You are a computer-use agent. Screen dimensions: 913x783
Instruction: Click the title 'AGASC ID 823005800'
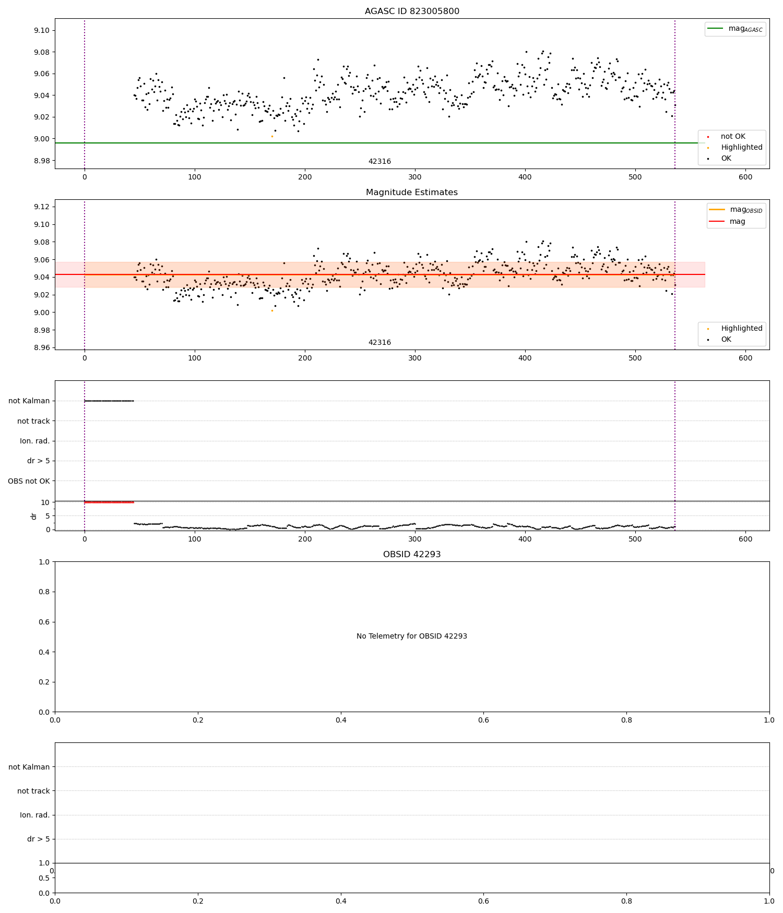tap(412, 11)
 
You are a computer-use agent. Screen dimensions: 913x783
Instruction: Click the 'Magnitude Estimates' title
tap(412, 193)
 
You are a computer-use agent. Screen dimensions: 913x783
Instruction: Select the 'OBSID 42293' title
tap(412, 555)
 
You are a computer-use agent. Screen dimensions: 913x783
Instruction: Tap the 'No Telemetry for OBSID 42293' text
tap(412, 636)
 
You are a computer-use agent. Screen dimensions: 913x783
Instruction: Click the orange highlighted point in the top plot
tap(272, 136)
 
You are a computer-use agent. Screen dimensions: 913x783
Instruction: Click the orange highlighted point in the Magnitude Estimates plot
tap(272, 310)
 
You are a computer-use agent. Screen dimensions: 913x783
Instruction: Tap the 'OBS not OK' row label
tap(29, 481)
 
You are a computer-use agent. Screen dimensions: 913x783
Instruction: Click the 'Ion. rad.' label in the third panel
tap(35, 441)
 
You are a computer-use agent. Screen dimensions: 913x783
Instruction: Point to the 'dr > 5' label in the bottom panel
tap(39, 839)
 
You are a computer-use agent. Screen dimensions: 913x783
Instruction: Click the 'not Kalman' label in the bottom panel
tap(29, 767)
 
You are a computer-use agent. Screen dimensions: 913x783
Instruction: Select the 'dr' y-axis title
tap(34, 516)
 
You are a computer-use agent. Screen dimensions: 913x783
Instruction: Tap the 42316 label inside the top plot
tap(379, 162)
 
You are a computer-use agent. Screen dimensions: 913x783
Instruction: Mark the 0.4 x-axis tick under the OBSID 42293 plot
tap(341, 720)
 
